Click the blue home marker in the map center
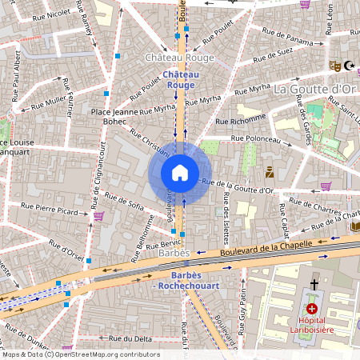coord(180,172)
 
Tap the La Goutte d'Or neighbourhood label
coord(314,89)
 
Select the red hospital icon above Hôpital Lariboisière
coord(312,309)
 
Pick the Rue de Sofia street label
coord(124,203)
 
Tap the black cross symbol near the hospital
coord(314,284)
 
